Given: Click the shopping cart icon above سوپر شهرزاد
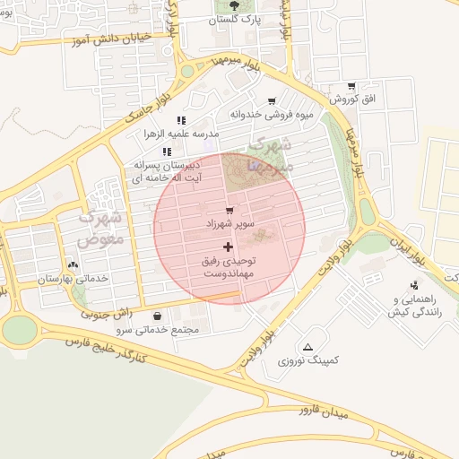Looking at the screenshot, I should (x=229, y=210).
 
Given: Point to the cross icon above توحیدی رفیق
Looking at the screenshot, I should (x=228, y=246).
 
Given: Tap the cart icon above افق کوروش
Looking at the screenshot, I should (x=351, y=85).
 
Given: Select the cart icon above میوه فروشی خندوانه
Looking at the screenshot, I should (x=272, y=101).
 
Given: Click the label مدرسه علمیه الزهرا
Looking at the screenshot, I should (x=181, y=134).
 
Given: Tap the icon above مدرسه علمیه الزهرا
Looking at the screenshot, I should (x=181, y=120).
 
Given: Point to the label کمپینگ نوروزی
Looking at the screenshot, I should (x=309, y=360).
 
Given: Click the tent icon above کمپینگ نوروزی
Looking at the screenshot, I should (x=308, y=347).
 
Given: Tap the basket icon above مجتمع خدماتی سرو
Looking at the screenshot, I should (x=158, y=316).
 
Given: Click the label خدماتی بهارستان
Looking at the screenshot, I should (x=72, y=279).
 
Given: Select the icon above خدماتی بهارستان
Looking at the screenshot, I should (x=73, y=265).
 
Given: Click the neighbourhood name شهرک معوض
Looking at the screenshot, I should (x=99, y=229).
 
